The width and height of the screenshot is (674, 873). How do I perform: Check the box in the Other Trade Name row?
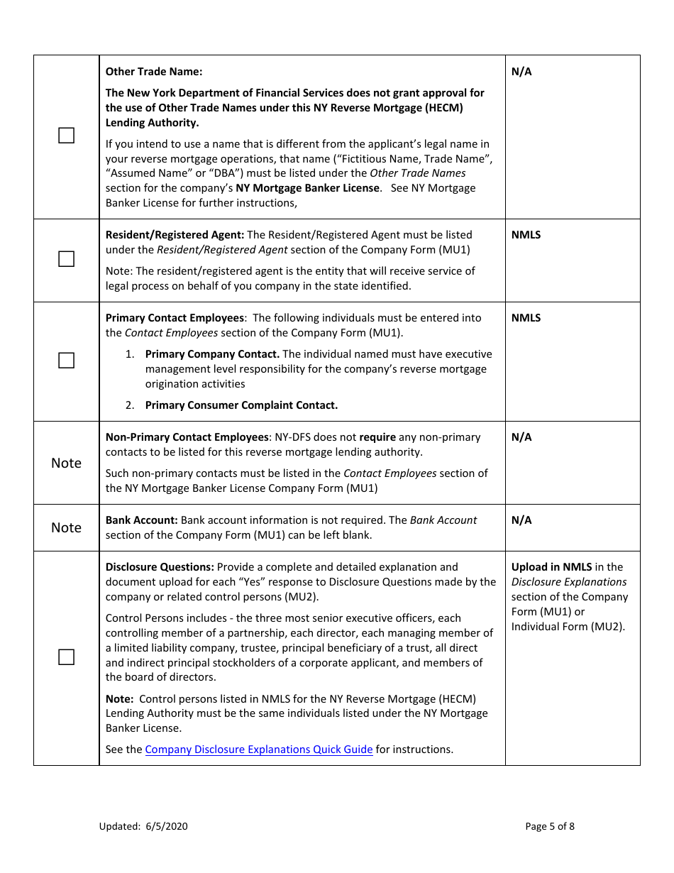pyautogui.click(x=66, y=136)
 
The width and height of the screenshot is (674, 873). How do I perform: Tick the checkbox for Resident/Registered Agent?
pyautogui.click(x=66, y=259)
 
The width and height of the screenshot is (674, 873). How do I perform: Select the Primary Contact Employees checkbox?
pyautogui.click(x=66, y=361)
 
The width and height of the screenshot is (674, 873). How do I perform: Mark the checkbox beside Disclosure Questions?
pyautogui.click(x=66, y=657)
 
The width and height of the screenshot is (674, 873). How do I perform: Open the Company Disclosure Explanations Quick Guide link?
pyautogui.click(x=259, y=750)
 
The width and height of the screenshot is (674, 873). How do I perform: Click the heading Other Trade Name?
pyautogui.click(x=154, y=72)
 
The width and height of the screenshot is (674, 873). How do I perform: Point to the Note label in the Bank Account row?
pyautogui.click(x=66, y=528)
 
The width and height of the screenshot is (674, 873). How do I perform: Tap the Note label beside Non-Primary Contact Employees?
pyautogui.click(x=66, y=463)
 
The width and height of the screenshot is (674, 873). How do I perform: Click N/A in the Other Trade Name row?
pyautogui.click(x=521, y=72)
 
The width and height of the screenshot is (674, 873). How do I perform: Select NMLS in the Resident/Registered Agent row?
pyautogui.click(x=526, y=235)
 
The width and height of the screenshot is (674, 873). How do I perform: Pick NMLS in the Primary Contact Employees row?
pyautogui.click(x=526, y=318)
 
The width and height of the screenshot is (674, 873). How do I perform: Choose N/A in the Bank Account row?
pyautogui.click(x=521, y=520)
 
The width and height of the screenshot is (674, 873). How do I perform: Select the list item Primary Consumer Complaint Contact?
pyautogui.click(x=241, y=405)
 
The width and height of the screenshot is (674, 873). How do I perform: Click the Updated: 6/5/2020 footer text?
pyautogui.click(x=143, y=826)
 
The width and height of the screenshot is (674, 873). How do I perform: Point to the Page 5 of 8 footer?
pyautogui.click(x=550, y=826)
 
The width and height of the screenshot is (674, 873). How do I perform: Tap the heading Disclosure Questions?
pyautogui.click(x=160, y=567)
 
